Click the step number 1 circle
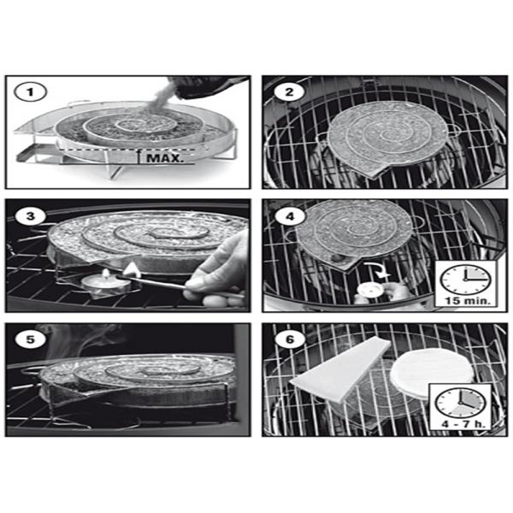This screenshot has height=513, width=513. pos(30,92)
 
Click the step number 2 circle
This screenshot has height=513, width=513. pos(289,92)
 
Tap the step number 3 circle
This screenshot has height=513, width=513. pos(30,216)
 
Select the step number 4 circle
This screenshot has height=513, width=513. pos(290,216)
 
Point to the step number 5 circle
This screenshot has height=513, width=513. pos(30,339)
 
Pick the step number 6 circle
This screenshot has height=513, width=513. pos(290,339)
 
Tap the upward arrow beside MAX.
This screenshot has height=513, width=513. pos(139,156)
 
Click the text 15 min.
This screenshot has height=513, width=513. pos(466,301)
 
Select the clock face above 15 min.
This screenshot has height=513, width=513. pos(465,280)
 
